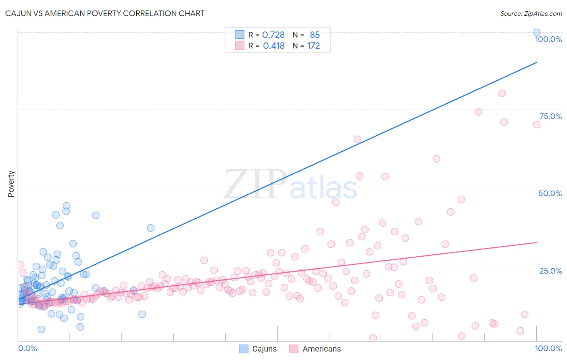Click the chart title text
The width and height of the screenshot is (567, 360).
[105, 13]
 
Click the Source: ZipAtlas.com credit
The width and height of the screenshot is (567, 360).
[531, 13]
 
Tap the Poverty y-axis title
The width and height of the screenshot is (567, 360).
[11, 184]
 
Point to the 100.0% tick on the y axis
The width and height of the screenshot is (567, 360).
[548, 39]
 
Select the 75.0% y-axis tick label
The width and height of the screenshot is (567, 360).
[550, 116]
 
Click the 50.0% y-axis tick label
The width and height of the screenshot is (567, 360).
[550, 193]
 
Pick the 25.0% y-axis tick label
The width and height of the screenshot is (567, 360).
[550, 271]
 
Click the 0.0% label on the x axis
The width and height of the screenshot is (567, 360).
[27, 348]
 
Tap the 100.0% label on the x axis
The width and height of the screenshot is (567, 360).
[548, 348]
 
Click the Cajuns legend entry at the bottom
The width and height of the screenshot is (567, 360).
[258, 349]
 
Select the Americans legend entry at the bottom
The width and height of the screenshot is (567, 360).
[315, 349]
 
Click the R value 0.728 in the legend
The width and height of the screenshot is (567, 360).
[273, 35]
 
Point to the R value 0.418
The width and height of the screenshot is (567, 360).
[274, 46]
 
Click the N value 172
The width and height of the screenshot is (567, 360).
[313, 46]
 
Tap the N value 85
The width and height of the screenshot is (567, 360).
[315, 35]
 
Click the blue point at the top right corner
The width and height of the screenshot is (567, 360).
[537, 32]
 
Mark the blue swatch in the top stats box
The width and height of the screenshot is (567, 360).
[240, 35]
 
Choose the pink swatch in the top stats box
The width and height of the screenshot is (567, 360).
[240, 46]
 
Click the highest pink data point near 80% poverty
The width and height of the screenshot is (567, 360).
[502, 93]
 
